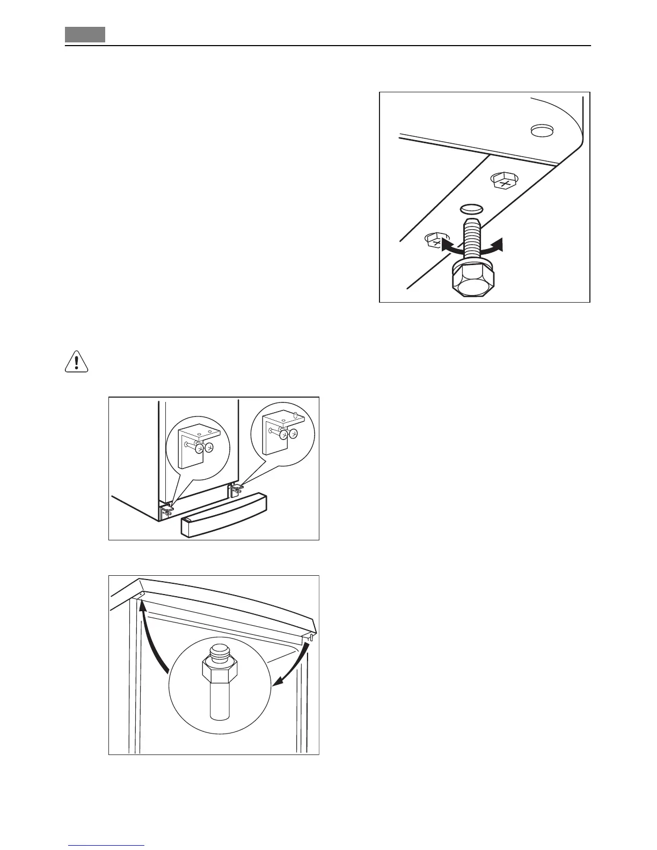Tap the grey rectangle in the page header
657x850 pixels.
[85, 35]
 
